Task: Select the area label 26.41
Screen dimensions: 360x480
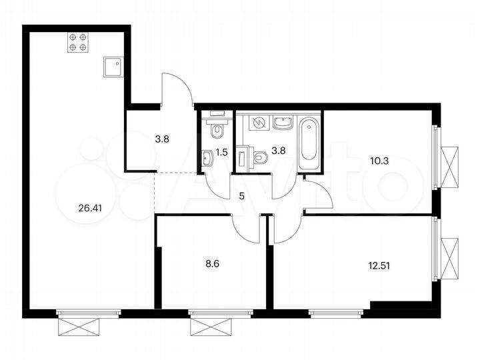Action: click(x=91, y=207)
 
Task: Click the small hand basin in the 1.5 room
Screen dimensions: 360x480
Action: click(x=208, y=157)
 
